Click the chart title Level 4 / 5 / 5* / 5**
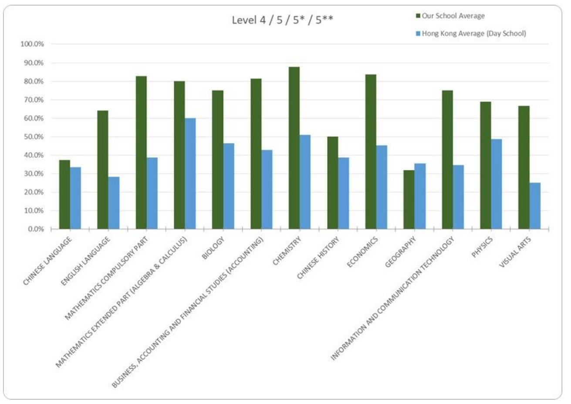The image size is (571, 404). (282, 20)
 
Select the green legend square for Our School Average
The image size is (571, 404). (418, 16)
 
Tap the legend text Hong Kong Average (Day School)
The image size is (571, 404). (474, 34)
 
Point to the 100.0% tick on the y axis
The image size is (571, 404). (32, 44)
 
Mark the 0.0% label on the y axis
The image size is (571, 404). (34, 229)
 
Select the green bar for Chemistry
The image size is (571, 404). (294, 148)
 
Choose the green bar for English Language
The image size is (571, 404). (103, 170)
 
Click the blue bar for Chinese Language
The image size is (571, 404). (76, 198)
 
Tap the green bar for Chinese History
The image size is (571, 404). (332, 183)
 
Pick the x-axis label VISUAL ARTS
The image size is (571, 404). (515, 252)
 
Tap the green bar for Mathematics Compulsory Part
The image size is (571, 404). (141, 153)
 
